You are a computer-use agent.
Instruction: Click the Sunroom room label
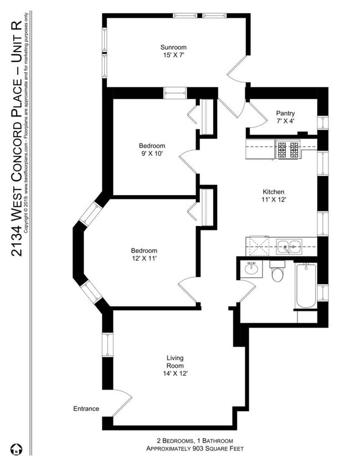(x=173, y=51)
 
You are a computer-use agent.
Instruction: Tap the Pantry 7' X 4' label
(x=289, y=117)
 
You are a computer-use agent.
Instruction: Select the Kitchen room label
(x=273, y=196)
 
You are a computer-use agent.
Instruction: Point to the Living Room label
(x=175, y=366)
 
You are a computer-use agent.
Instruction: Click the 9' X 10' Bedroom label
(x=152, y=150)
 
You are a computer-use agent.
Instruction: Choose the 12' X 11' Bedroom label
(x=144, y=254)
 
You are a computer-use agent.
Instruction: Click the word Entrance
(x=86, y=409)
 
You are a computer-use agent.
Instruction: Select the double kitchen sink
(x=289, y=245)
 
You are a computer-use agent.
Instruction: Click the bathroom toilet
(x=277, y=272)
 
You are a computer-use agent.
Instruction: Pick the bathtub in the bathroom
(x=306, y=286)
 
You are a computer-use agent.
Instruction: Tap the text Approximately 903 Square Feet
(x=192, y=448)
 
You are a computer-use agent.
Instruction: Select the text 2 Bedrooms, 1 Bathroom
(x=191, y=441)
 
